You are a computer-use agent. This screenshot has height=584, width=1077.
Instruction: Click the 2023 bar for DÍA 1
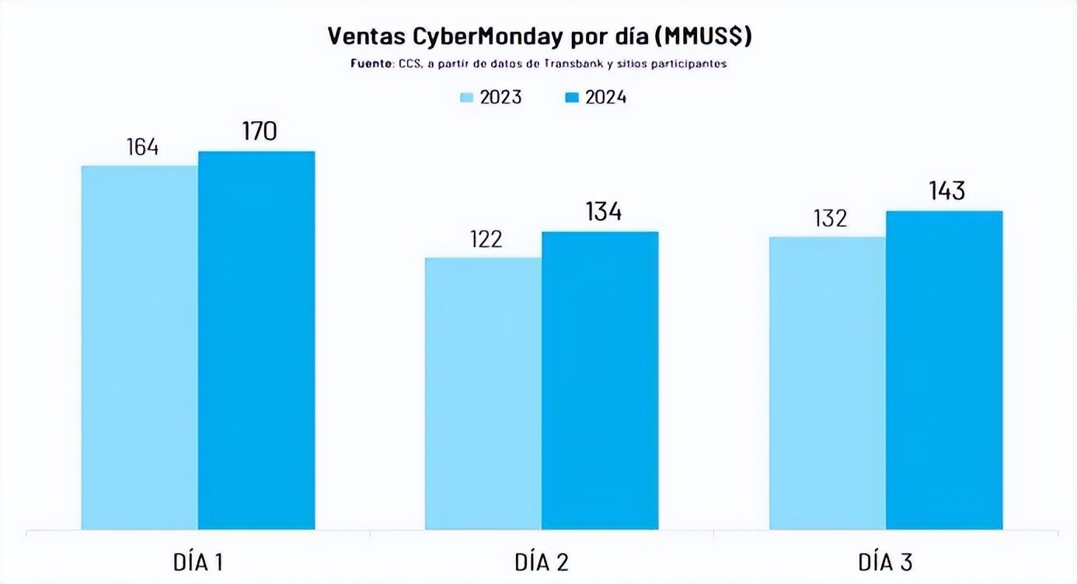click(x=140, y=347)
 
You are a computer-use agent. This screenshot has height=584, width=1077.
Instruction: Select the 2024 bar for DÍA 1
click(x=256, y=340)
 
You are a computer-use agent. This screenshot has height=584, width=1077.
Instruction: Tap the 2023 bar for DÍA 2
click(x=483, y=393)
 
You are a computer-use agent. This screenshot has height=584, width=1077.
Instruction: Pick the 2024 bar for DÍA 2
click(x=600, y=381)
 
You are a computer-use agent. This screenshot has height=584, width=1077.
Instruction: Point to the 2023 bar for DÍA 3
click(x=828, y=383)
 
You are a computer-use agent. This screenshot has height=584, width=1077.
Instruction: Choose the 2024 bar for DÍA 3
click(x=944, y=370)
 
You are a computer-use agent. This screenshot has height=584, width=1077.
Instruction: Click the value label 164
click(x=142, y=147)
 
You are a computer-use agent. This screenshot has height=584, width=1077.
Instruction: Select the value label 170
click(x=259, y=131)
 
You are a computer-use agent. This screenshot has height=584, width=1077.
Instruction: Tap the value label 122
click(x=486, y=238)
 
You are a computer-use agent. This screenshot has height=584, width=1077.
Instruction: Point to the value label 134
click(x=603, y=212)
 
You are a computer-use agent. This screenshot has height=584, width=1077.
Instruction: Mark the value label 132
click(x=830, y=218)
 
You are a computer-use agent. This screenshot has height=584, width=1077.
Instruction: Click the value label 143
click(x=946, y=191)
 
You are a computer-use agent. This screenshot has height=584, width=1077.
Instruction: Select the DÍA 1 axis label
click(x=198, y=561)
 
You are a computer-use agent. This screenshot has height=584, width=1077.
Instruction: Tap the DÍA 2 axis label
click(x=542, y=561)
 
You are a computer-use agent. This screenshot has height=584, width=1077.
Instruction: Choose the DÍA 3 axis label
click(x=886, y=561)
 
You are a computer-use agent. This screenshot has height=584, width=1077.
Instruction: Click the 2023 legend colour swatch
click(x=467, y=98)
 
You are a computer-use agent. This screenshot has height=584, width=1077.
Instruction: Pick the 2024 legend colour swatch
click(x=572, y=98)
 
